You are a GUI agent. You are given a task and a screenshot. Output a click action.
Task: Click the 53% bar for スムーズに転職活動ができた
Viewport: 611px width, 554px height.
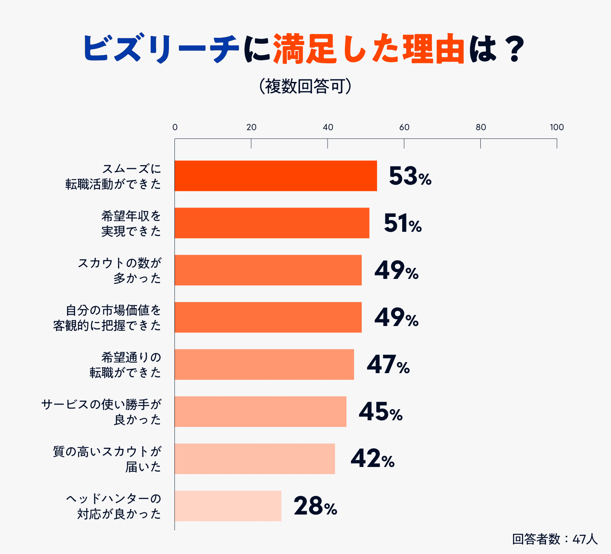(x=276, y=176)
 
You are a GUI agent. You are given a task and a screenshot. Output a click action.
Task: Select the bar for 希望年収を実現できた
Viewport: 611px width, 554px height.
(x=272, y=223)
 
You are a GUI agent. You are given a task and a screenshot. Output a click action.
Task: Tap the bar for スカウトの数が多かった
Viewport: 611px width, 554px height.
(x=268, y=270)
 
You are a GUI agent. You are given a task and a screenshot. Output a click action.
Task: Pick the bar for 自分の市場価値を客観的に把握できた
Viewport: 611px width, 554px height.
(x=268, y=317)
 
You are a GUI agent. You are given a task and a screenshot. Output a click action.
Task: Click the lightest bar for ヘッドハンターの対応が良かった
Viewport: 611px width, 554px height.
(x=228, y=506)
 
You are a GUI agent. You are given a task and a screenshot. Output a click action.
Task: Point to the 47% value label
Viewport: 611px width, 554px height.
(x=388, y=365)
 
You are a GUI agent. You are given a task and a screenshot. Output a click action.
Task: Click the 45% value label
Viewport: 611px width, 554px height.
(x=380, y=412)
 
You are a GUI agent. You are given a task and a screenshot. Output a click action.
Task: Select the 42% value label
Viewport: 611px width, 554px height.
(x=372, y=459)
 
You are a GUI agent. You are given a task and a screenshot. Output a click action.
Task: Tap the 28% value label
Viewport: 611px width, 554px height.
(x=315, y=506)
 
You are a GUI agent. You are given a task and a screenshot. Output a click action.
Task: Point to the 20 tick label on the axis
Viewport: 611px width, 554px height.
(x=251, y=127)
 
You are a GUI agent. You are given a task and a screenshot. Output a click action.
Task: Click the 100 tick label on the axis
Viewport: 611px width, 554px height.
(x=556, y=127)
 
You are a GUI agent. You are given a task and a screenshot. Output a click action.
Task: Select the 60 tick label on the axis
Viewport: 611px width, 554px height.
(x=404, y=127)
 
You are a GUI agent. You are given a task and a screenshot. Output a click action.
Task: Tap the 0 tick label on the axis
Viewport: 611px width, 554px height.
(x=175, y=127)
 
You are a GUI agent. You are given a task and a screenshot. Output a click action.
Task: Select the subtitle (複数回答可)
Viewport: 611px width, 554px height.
(x=305, y=86)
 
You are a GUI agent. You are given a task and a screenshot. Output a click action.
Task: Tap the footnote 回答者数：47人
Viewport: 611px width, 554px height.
(x=555, y=539)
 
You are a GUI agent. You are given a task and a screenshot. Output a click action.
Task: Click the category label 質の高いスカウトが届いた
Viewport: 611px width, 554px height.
(x=107, y=459)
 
